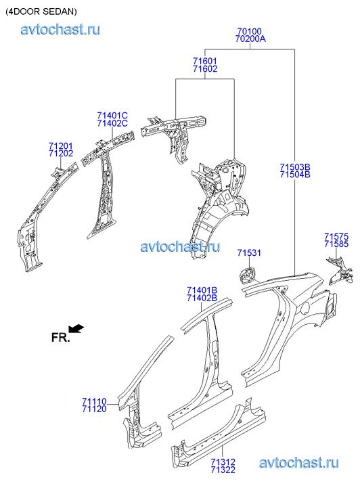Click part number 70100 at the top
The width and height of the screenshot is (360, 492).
pyautogui.click(x=249, y=31)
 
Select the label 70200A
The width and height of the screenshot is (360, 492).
pyautogui.click(x=250, y=39)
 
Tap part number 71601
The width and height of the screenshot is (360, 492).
pyautogui.click(x=205, y=61)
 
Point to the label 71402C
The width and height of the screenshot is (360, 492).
pyautogui.click(x=112, y=123)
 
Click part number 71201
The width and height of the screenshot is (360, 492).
pyautogui.click(x=61, y=146)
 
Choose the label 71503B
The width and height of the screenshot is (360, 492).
pyautogui.click(x=295, y=167)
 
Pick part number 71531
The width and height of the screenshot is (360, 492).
pyautogui.click(x=249, y=252)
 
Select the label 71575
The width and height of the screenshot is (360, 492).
pyautogui.click(x=336, y=236)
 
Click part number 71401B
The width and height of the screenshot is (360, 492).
pyautogui.click(x=202, y=290)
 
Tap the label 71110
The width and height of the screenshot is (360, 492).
pyautogui.click(x=94, y=401)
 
